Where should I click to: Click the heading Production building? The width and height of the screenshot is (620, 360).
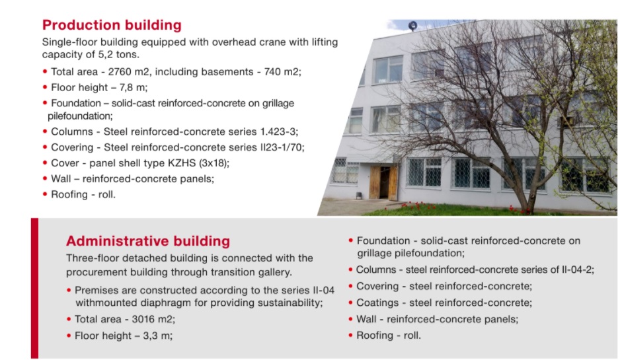[x=112, y=25]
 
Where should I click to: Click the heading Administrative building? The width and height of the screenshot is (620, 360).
[x=148, y=241]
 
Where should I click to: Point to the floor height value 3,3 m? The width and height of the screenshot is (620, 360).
[x=157, y=336]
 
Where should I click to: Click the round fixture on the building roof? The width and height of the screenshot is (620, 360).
[x=412, y=26]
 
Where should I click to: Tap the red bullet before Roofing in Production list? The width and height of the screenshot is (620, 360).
[x=45, y=194]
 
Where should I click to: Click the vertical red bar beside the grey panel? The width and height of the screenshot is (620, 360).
[x=35, y=288]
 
